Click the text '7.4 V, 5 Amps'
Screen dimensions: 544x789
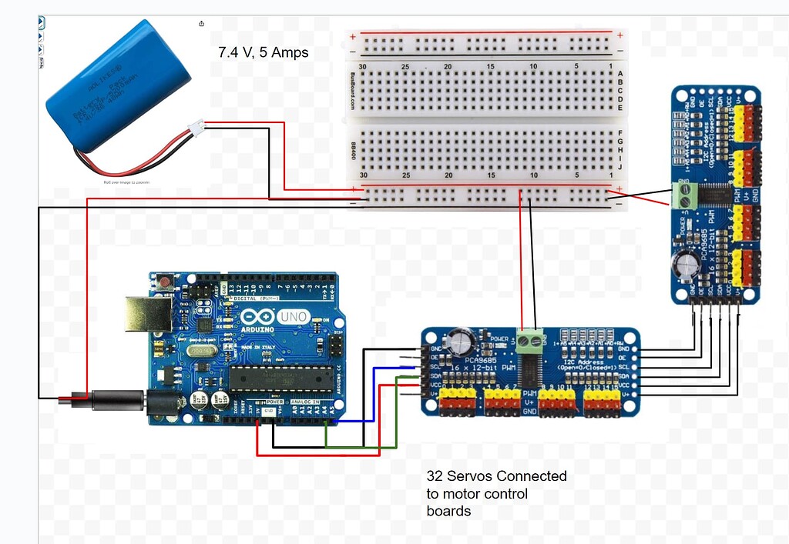coord(264,53)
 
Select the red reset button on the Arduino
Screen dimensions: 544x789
coord(165,282)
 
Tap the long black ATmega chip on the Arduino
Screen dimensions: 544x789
coord(280,378)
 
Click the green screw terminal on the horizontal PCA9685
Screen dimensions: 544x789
coord(529,341)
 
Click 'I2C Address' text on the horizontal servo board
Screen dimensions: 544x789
coord(580,361)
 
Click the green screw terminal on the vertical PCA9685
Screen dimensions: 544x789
coord(682,195)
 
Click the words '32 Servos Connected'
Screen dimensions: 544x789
coord(496,476)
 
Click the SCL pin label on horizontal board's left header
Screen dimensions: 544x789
coord(435,367)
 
